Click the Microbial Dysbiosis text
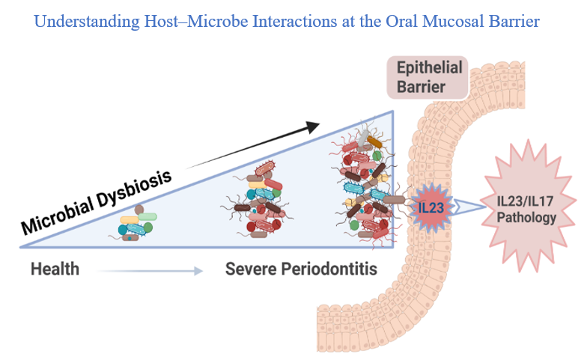pos(96,201)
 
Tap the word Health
pos(55,268)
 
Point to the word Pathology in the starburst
pos(527,219)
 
